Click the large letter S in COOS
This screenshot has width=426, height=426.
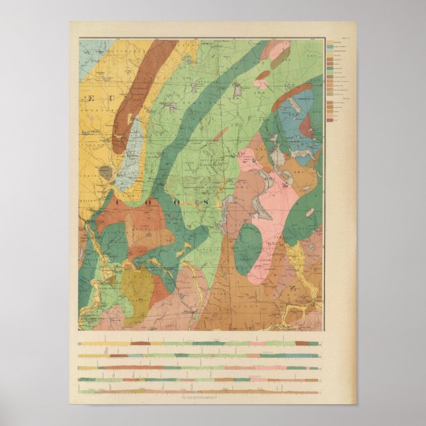pyautogui.click(x=207, y=202)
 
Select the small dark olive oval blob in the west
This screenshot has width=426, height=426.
pyautogui.click(x=105, y=173)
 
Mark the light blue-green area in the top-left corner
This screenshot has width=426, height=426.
pyautogui.click(x=91, y=53)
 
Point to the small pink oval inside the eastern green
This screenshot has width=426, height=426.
pyautogui.click(x=310, y=212)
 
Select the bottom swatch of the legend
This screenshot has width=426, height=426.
pyautogui.click(x=329, y=120)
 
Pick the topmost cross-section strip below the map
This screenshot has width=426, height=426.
pyautogui.click(x=198, y=343)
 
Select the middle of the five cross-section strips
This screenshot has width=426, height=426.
pyautogui.click(x=198, y=368)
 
